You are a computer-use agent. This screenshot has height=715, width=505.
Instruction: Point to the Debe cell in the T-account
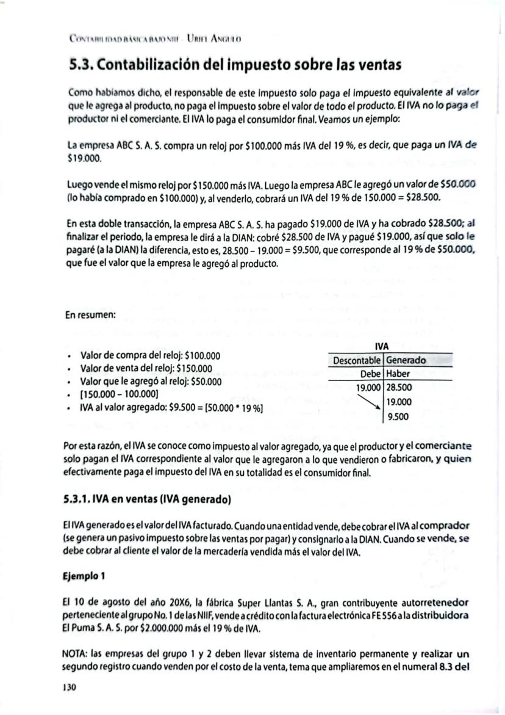(370, 373)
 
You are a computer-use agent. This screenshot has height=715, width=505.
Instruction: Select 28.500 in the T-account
(399, 387)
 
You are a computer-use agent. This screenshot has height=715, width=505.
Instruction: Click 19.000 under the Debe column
(369, 387)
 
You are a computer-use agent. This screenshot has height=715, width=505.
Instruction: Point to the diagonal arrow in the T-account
(369, 401)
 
